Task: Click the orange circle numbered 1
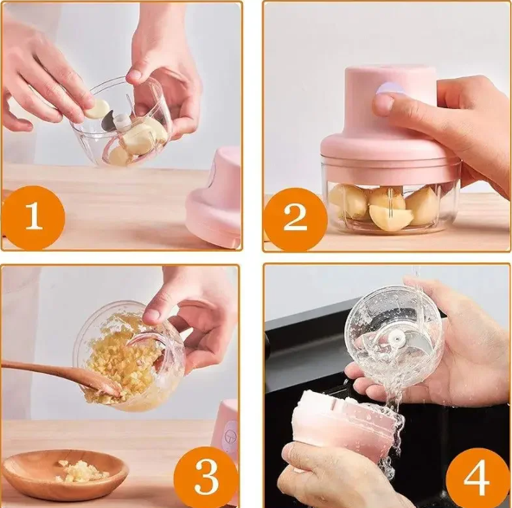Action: (x=34, y=217)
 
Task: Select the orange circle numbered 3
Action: (x=206, y=476)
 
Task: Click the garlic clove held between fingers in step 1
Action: (x=98, y=108)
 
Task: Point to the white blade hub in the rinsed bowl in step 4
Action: (x=397, y=339)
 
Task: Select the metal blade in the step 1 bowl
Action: (x=109, y=121)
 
